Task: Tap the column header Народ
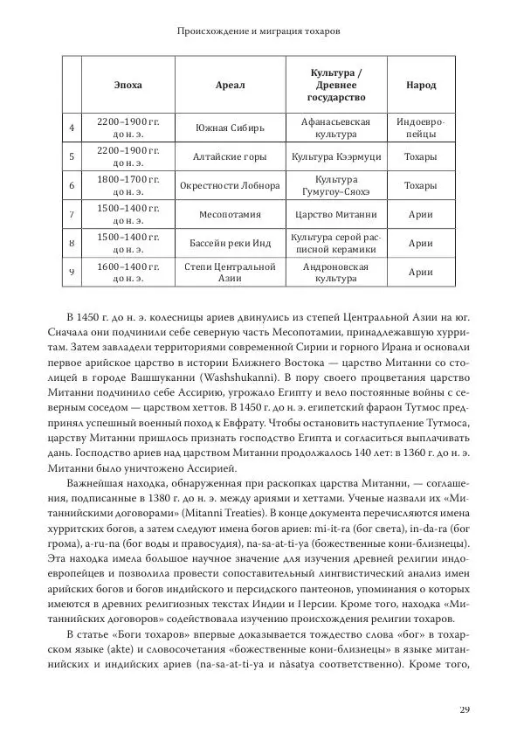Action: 421,86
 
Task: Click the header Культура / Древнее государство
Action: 336,85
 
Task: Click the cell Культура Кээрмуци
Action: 336,157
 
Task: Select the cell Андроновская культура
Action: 336,272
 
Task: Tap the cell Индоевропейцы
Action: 421,128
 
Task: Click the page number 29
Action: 464,709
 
